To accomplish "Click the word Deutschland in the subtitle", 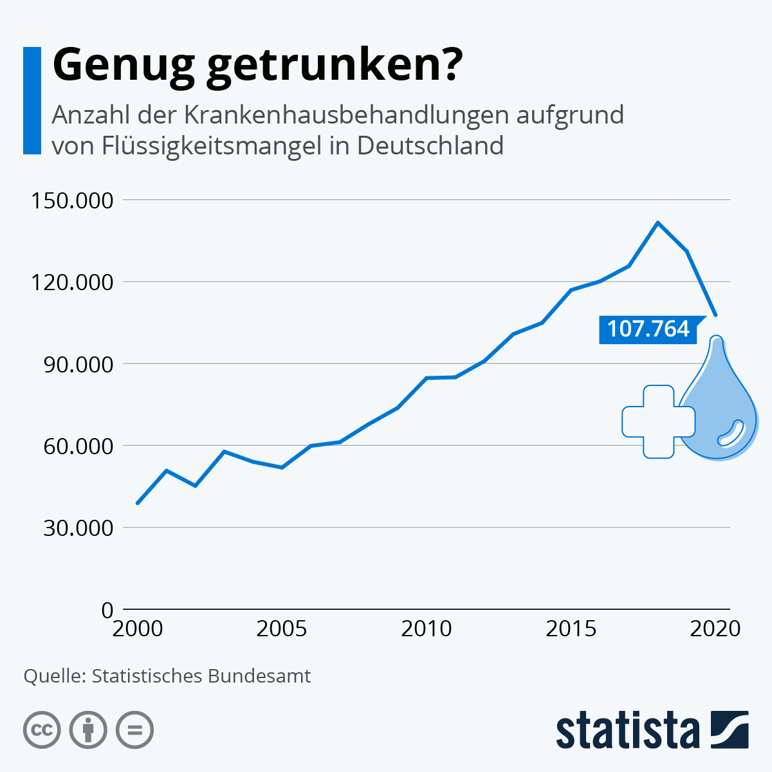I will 430,145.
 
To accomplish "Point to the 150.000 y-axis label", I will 72,200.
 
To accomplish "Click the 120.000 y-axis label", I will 72,282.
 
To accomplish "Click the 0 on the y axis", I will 107,609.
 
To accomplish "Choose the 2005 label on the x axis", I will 282,629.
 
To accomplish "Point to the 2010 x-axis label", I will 427,629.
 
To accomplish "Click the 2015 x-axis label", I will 571,629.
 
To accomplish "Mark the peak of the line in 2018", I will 657,223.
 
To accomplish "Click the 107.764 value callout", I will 648,329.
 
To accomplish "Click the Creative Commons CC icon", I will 42,730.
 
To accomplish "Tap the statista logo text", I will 628,730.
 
